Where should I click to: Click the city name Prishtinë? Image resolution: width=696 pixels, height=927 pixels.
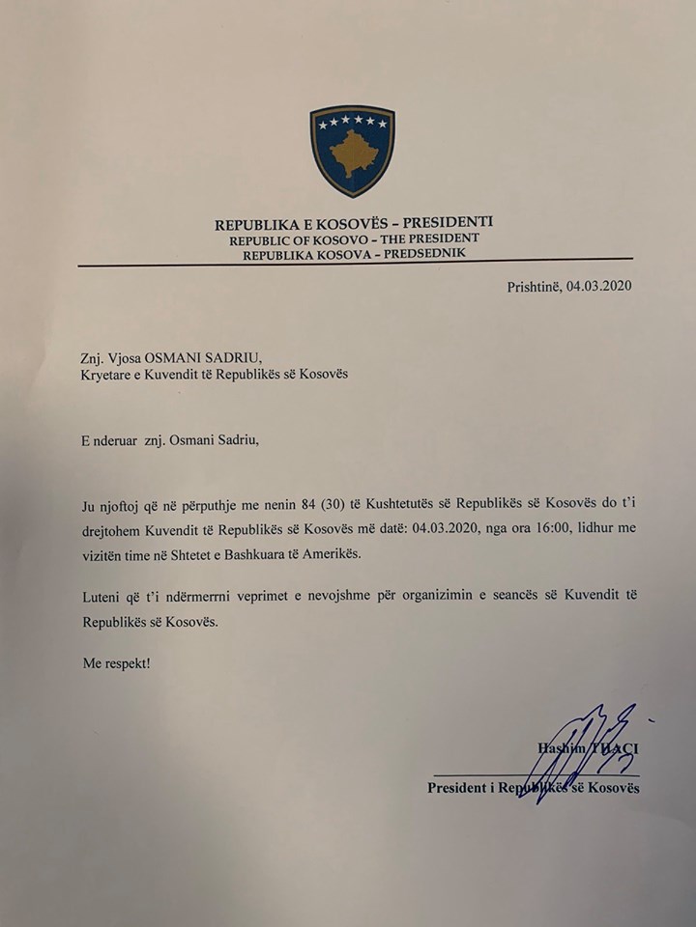point(534,286)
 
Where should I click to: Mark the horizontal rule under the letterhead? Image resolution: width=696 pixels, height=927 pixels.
point(355,262)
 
